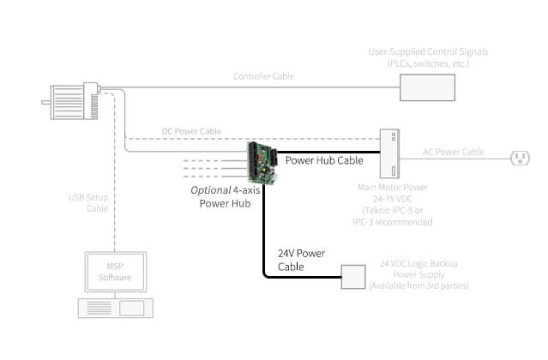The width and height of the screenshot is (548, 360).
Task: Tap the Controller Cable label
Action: point(263,76)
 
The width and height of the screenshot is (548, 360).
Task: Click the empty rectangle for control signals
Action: point(425,87)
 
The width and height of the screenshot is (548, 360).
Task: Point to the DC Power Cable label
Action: point(191,131)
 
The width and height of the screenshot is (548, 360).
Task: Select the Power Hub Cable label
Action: point(323,159)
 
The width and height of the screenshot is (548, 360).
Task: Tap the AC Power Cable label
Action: point(453,153)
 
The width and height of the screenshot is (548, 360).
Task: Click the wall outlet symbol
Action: point(520,156)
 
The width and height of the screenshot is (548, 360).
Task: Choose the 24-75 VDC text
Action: point(394,198)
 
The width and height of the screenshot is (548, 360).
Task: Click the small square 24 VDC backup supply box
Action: point(353,277)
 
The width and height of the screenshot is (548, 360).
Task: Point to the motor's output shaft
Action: point(47,102)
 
